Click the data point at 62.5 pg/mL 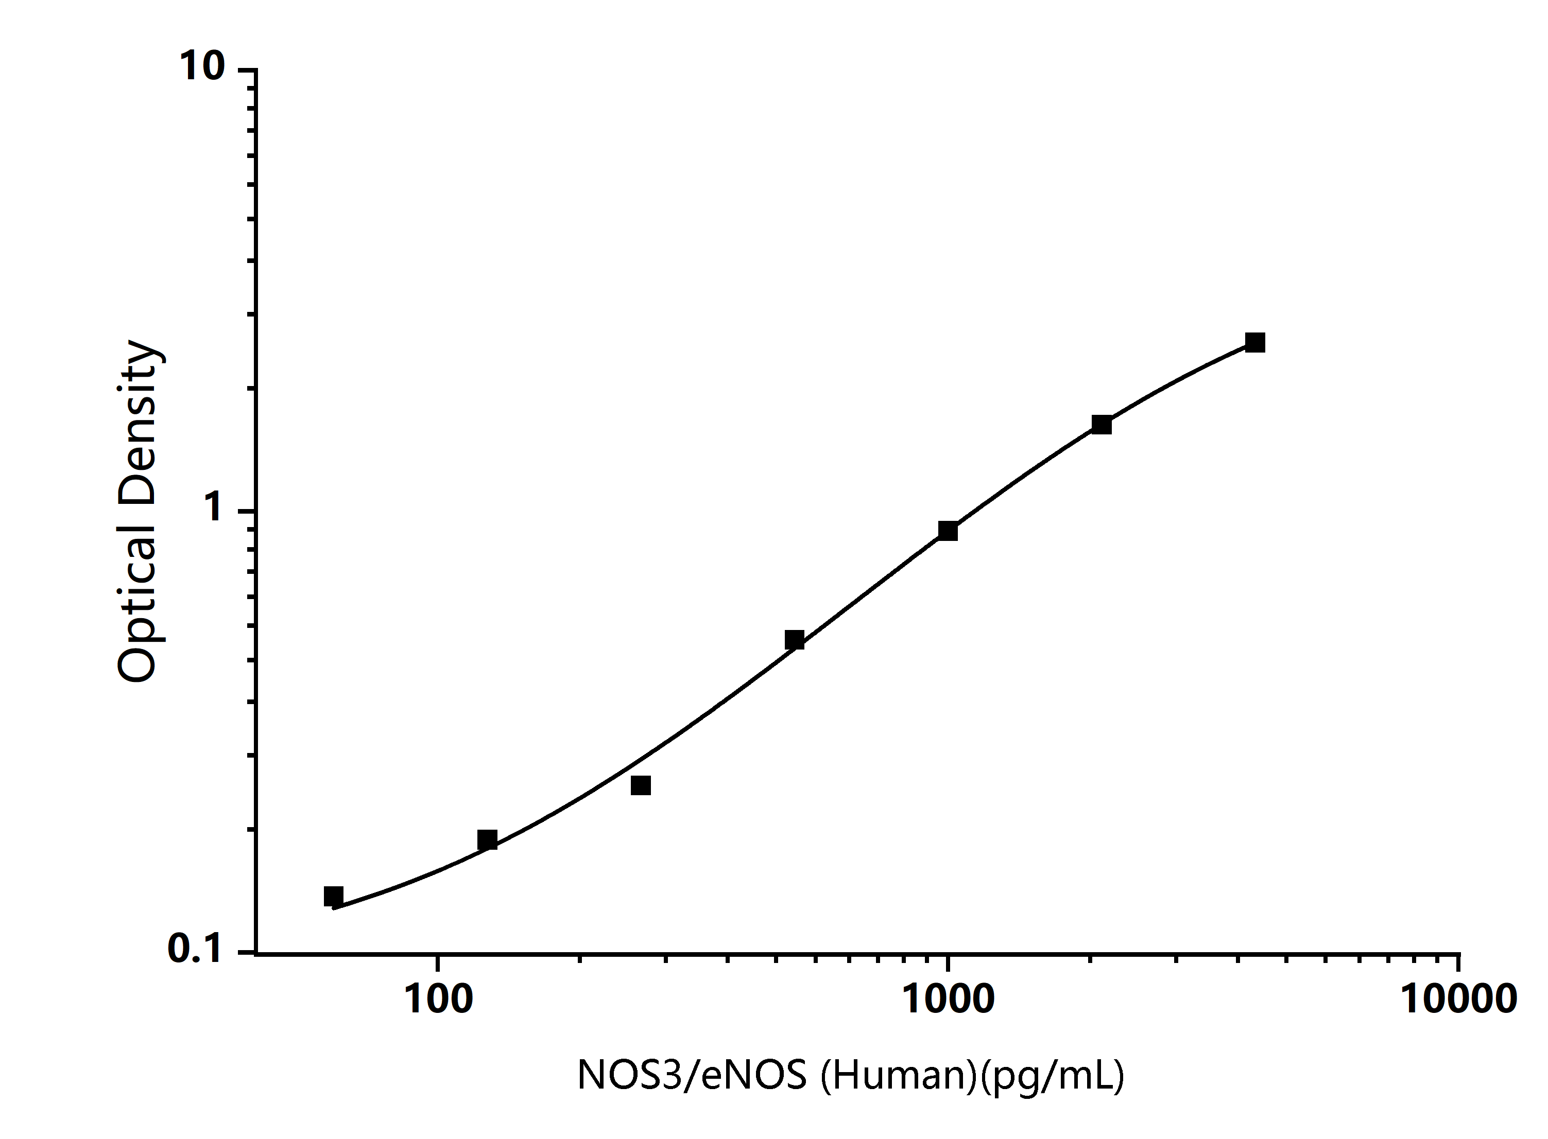pos(333,896)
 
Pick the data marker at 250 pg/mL pos(641,785)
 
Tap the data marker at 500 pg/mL pos(794,640)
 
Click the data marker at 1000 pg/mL pos(948,531)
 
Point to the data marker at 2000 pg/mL pos(1102,425)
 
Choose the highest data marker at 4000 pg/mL pos(1255,343)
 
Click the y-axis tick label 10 pos(202,67)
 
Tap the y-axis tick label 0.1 pos(196,950)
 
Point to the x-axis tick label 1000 pos(949,999)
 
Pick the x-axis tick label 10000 pos(1458,999)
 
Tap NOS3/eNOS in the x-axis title pos(691,1075)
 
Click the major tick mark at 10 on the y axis pos(247,69)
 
